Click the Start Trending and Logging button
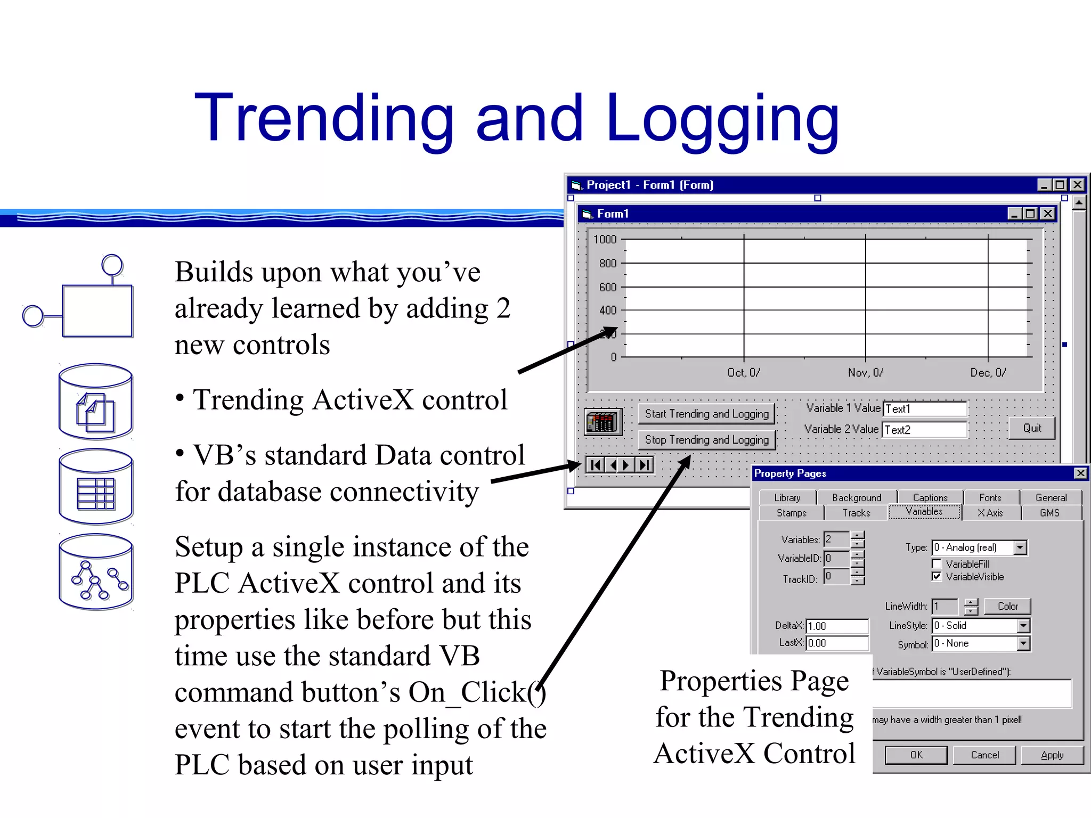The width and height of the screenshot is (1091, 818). [706, 414]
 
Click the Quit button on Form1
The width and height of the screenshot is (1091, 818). [1032, 428]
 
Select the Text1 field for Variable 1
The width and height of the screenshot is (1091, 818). [925, 409]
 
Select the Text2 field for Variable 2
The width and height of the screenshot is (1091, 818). [925, 430]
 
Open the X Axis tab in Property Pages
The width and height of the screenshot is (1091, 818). [990, 513]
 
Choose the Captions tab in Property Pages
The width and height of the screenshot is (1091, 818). [930, 497]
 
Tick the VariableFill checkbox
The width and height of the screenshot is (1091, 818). [937, 564]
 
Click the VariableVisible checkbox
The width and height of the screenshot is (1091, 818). [937, 577]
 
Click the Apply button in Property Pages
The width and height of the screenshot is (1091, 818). [1052, 755]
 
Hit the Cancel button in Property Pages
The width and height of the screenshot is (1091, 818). [984, 755]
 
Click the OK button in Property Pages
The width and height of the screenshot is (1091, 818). [916, 755]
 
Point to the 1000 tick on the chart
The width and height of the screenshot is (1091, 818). [605, 240]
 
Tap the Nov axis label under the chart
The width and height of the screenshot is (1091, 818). [866, 373]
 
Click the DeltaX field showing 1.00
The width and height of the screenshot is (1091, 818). [837, 626]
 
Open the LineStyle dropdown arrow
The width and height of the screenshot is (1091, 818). [1023, 626]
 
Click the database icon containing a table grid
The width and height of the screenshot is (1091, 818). [96, 487]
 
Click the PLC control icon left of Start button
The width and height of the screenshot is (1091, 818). [603, 423]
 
